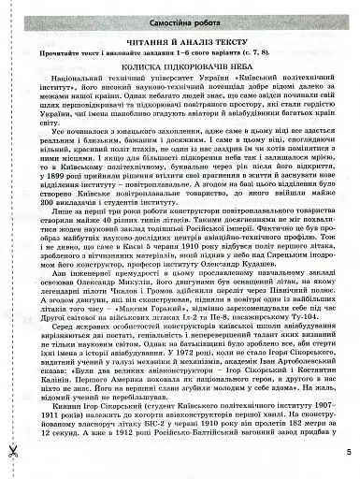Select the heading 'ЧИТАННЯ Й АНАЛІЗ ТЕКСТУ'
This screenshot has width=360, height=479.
180,43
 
